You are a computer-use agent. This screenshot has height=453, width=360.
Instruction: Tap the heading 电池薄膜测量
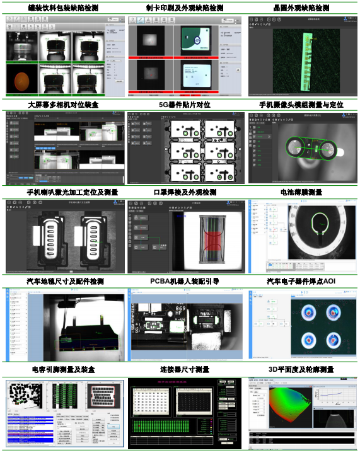301,192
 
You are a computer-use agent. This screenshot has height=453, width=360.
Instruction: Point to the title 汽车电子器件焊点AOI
301,281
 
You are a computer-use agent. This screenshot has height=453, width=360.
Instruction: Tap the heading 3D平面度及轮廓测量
301,369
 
